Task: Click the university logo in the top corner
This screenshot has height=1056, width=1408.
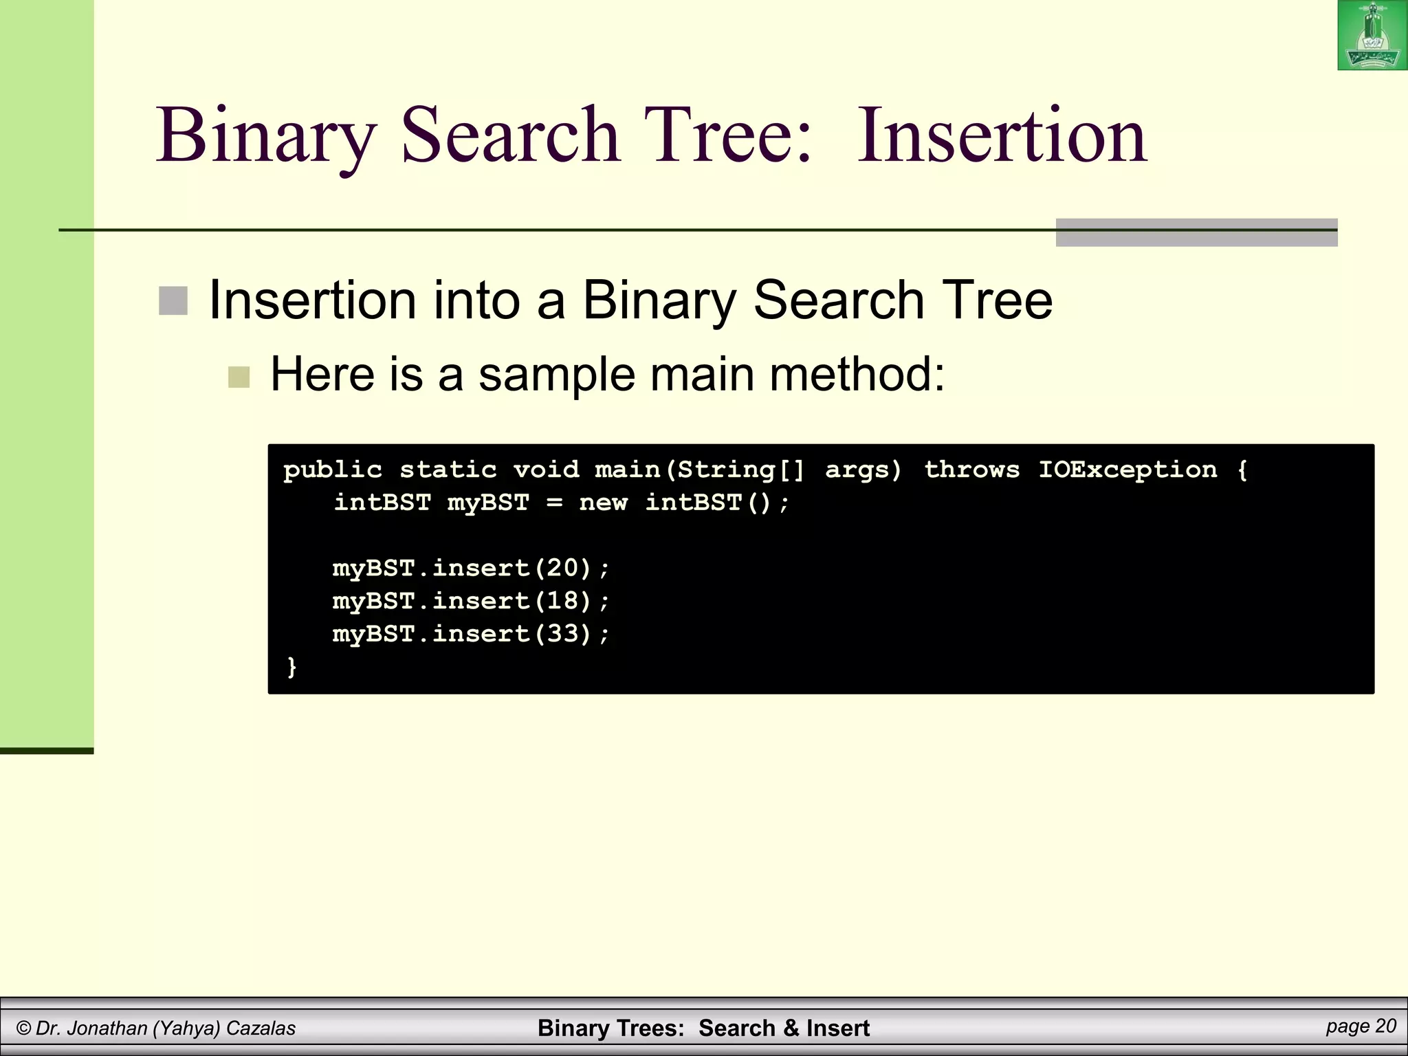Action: point(1372,36)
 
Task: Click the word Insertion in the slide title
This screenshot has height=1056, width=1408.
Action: point(1002,135)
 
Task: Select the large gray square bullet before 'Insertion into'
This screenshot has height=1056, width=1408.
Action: point(173,301)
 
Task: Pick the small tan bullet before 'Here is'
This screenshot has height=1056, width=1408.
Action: point(239,377)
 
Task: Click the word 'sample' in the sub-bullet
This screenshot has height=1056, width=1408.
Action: point(556,375)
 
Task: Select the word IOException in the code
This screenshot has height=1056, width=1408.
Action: point(1127,470)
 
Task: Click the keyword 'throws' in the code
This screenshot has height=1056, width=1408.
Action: point(971,470)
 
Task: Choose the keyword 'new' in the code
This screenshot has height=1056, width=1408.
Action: point(603,503)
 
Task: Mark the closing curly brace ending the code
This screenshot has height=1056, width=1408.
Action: point(291,666)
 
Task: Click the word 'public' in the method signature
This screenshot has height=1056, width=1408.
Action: point(333,470)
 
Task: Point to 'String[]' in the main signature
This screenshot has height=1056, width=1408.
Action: point(740,470)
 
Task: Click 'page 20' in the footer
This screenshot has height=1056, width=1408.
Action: point(1361,1026)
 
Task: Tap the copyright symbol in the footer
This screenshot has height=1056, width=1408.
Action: point(24,1028)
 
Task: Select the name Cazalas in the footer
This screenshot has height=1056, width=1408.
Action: point(261,1028)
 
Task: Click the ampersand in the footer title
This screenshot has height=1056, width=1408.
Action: point(791,1028)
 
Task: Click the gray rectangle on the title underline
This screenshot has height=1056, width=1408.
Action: point(1196,232)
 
